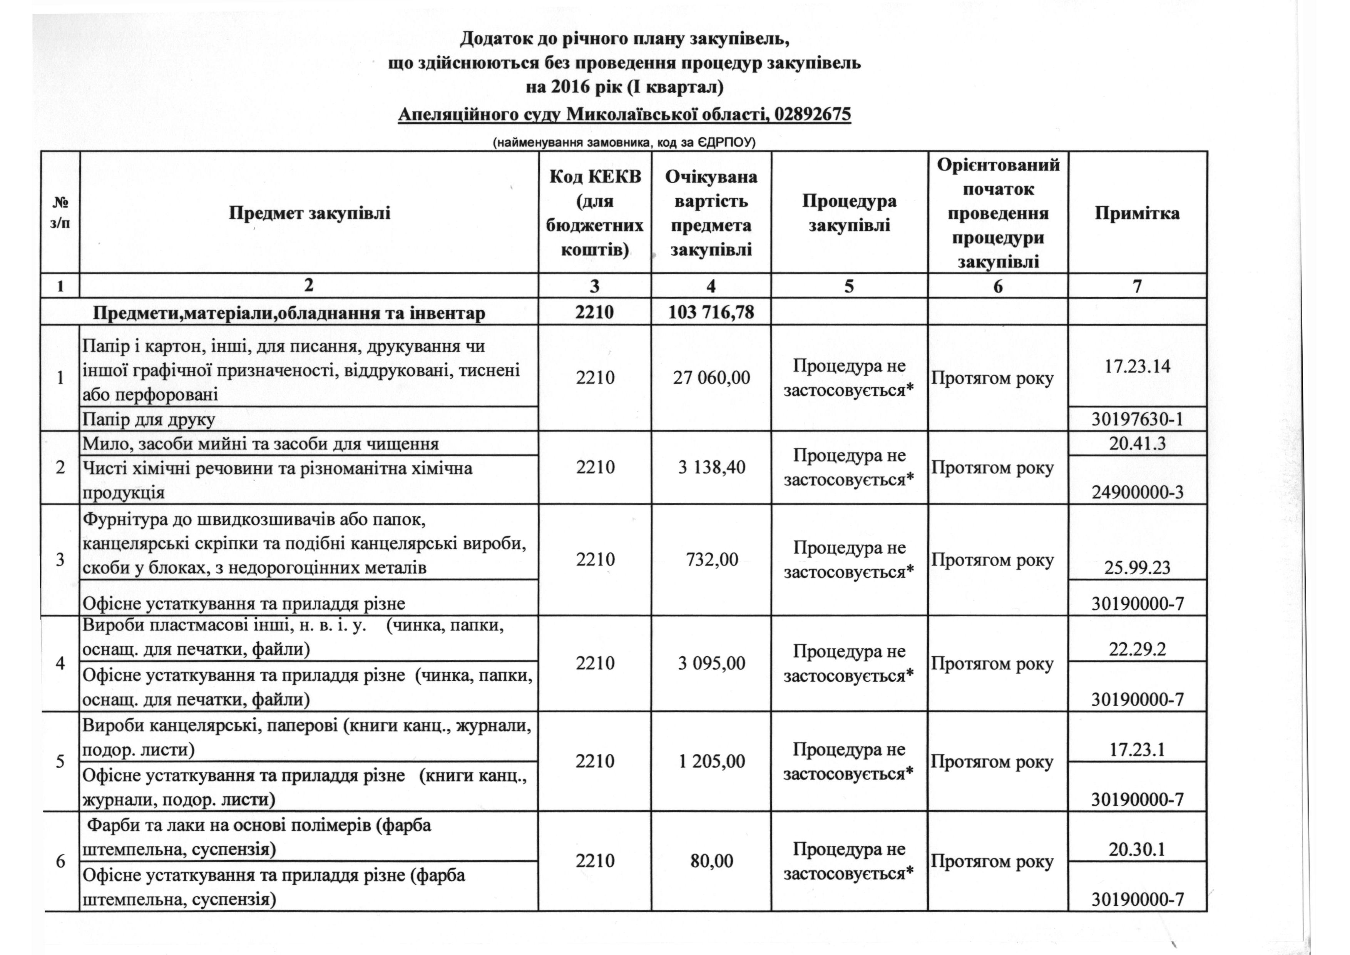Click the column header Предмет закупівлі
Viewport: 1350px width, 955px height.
pyautogui.click(x=309, y=213)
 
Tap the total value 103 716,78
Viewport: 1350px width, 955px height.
pyautogui.click(x=711, y=312)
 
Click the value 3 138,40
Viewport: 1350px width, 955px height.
pyautogui.click(x=711, y=468)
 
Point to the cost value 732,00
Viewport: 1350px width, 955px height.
pyautogui.click(x=711, y=559)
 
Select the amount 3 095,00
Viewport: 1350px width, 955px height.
pyautogui.click(x=711, y=663)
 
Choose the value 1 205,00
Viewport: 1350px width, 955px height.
pyautogui.click(x=711, y=761)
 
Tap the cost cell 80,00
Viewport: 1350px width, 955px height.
pyautogui.click(x=711, y=861)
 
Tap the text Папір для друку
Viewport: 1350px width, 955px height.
pyautogui.click(x=149, y=419)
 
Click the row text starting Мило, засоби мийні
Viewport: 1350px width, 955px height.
pyautogui.click(x=261, y=443)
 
